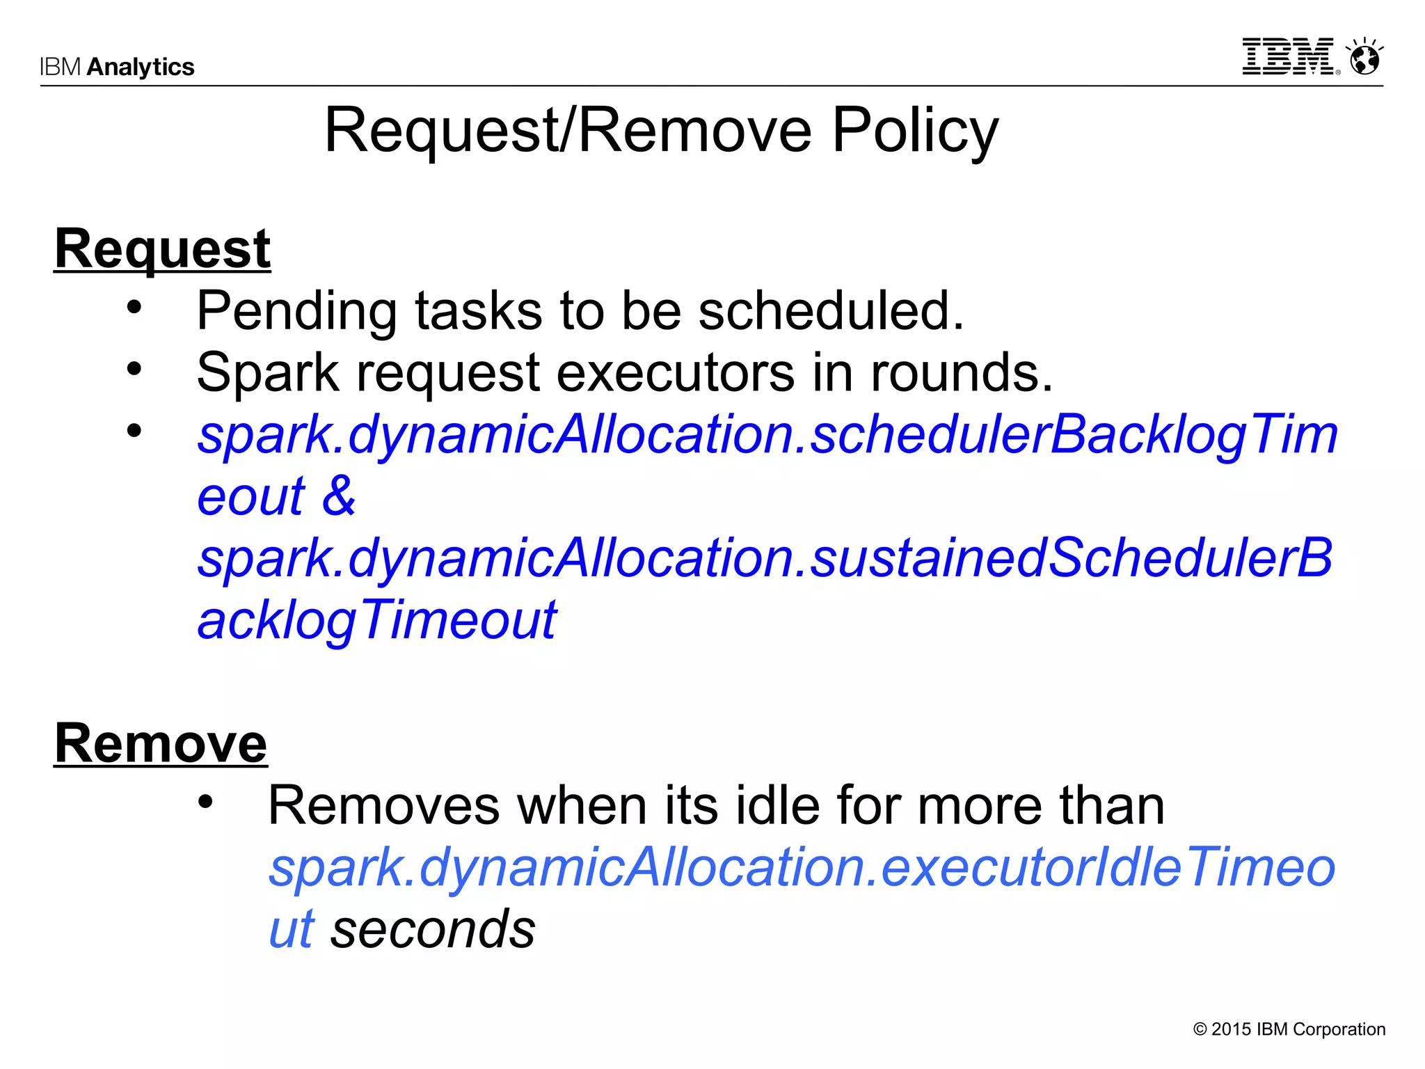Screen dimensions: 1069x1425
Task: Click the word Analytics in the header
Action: (141, 67)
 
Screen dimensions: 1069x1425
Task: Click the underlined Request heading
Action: (162, 249)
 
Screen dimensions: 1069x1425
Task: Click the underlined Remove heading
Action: (161, 744)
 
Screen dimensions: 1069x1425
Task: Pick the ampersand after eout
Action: (339, 496)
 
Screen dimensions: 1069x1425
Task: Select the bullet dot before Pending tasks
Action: (134, 307)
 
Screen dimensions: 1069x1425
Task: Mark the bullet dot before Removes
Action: (205, 802)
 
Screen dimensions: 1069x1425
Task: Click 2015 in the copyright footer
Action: (1231, 1029)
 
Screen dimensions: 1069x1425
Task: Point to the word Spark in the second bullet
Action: (267, 373)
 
